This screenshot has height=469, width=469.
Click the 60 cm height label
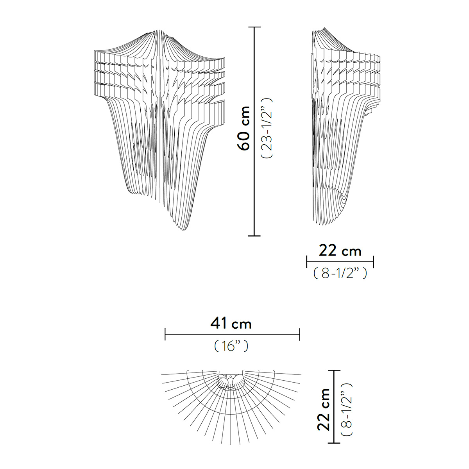(243, 129)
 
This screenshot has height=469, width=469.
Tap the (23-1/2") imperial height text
(267, 128)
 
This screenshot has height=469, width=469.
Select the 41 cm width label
(231, 324)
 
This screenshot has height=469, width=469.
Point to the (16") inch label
(231, 346)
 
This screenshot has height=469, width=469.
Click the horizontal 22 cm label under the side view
(340, 251)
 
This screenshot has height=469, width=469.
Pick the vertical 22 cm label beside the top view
(324, 410)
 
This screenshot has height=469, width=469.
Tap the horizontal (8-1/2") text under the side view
(340, 273)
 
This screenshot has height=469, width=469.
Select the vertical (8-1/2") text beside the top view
(347, 409)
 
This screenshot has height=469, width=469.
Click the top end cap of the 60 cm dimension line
(254, 27)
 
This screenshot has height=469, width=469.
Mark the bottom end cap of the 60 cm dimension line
(254, 236)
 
